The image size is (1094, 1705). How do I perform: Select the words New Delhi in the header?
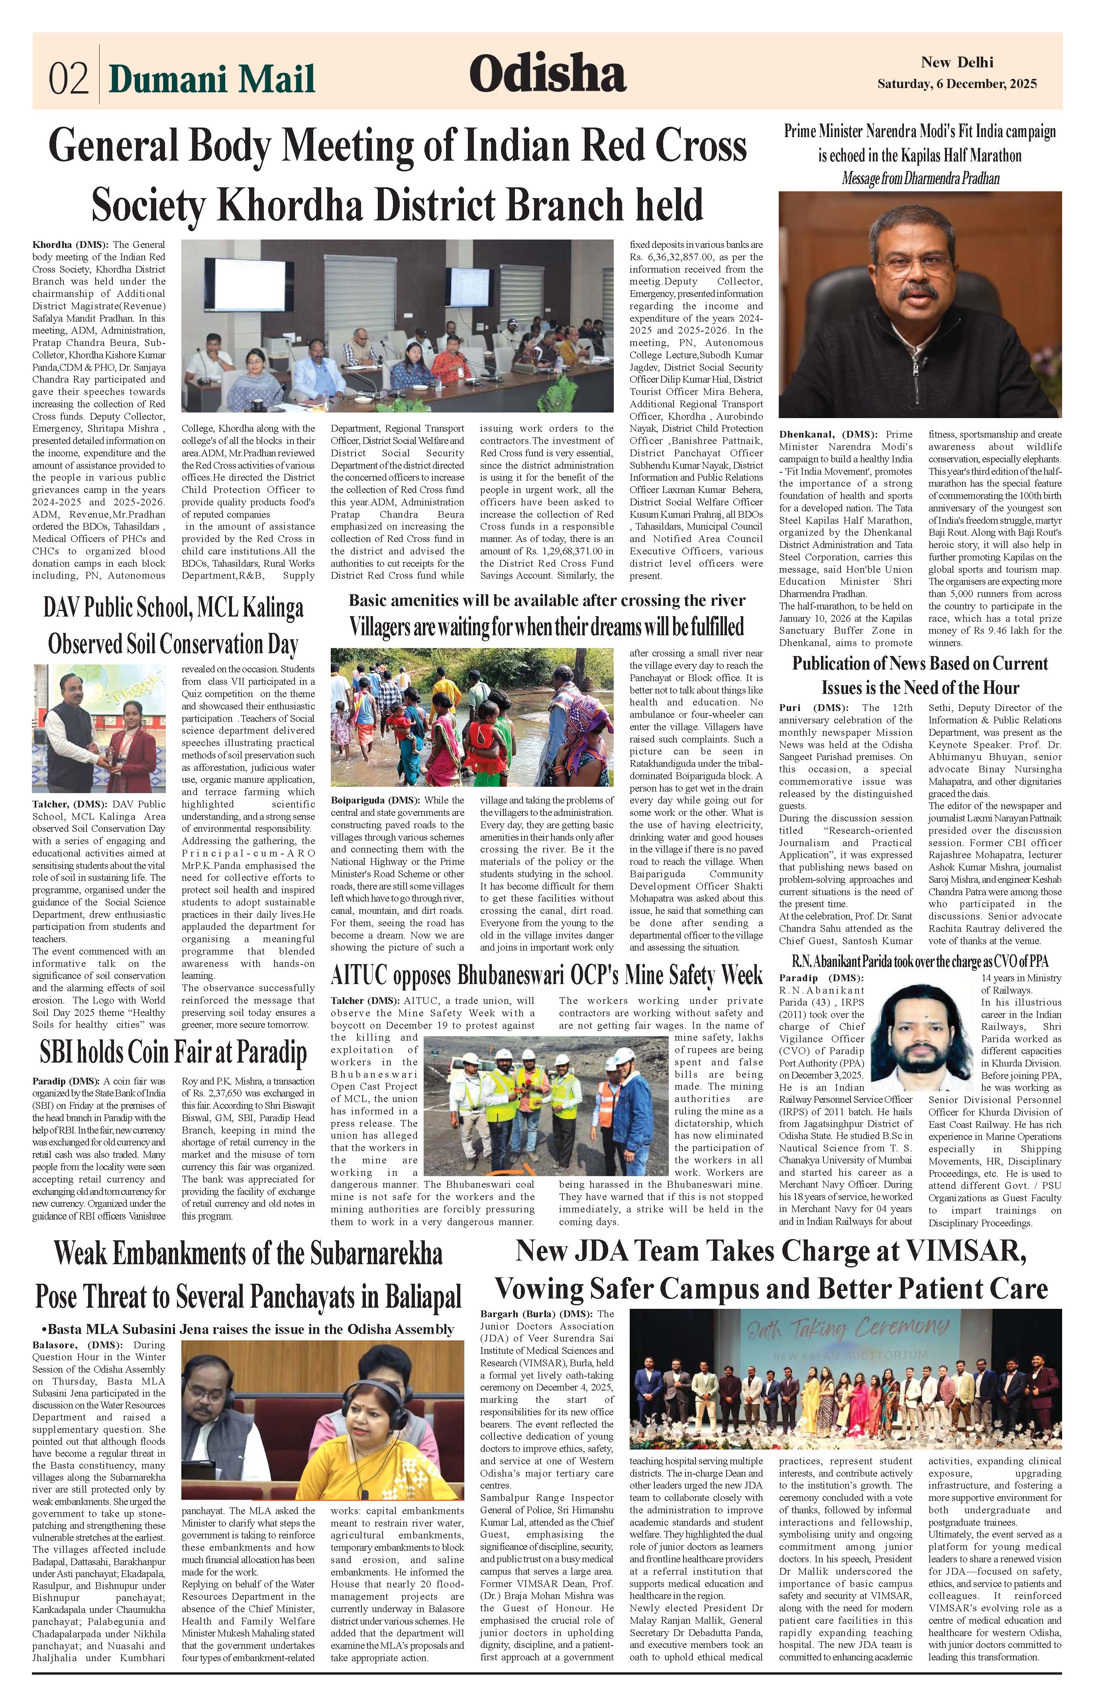coord(957,63)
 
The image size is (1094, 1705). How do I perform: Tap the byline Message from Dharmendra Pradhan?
coord(920,178)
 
